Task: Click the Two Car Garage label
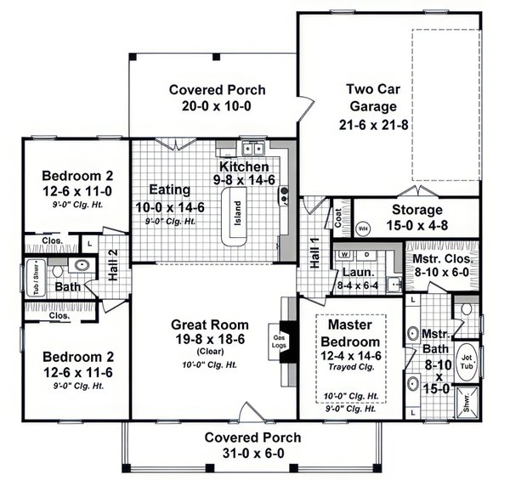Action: [x=371, y=98]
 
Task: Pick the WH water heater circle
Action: [x=363, y=229]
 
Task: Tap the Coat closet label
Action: [x=337, y=217]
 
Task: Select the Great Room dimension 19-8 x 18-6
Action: [x=209, y=340]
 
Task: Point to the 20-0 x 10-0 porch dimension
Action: [x=217, y=106]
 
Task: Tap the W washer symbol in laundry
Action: [x=344, y=254]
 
